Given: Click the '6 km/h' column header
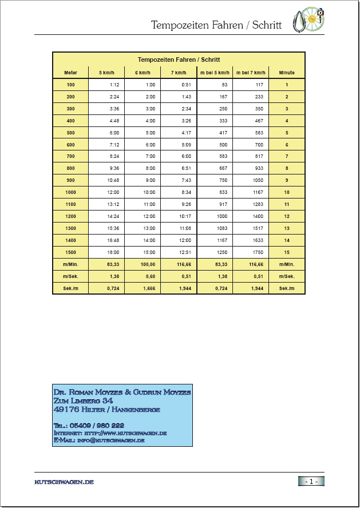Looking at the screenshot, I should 143,73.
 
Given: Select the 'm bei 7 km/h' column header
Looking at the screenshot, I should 250,73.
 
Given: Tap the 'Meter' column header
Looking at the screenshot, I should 70,73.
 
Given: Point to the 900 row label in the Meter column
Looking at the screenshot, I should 70,180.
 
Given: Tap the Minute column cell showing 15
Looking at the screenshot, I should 287,252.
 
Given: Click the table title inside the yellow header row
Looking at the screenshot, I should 179,59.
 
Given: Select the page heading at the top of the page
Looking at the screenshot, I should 216,25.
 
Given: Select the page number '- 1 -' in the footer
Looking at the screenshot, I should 311,481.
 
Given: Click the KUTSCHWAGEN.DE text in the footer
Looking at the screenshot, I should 64,482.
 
